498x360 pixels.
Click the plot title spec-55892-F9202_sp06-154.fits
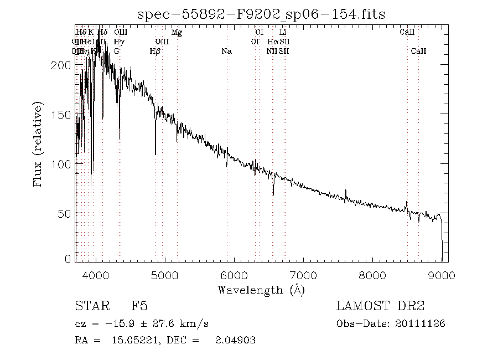[x=261, y=13]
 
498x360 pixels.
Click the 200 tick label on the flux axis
[x=64, y=65]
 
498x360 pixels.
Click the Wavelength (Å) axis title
[x=261, y=290]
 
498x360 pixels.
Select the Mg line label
[x=177, y=33]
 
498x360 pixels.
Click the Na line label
[x=226, y=52]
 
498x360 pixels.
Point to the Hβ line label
[x=155, y=52]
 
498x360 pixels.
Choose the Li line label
[x=283, y=33]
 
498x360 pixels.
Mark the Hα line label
[x=272, y=42]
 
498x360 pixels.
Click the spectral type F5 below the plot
[x=139, y=306]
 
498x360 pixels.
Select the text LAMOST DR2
[x=380, y=306]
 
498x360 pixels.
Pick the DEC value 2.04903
[x=235, y=341]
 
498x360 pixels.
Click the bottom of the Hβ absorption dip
[x=155, y=154]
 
